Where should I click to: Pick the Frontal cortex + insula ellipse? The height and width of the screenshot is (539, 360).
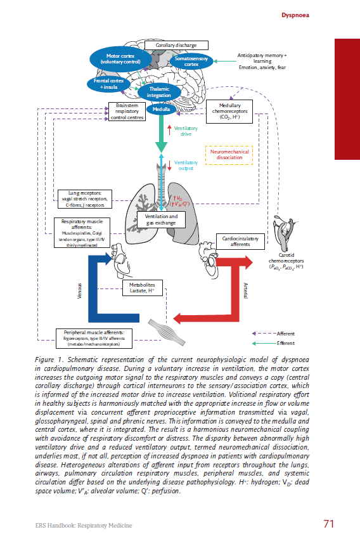[109, 83]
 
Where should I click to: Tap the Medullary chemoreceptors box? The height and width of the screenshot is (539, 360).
[229, 112]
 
